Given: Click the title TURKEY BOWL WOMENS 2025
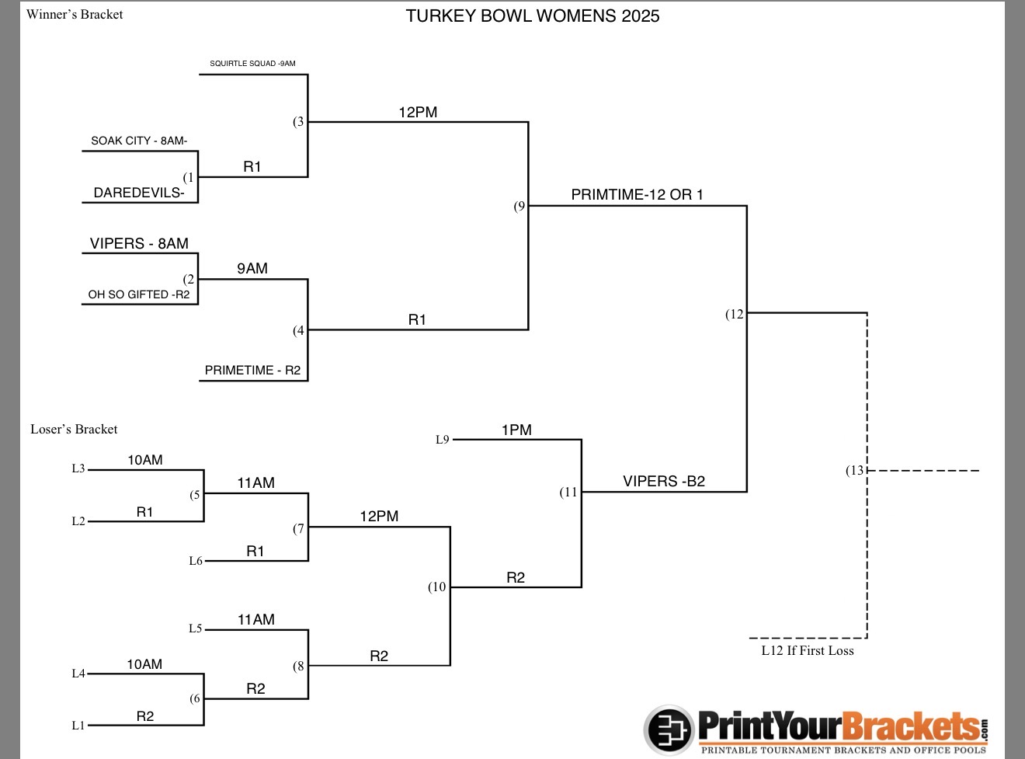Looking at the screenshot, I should pyautogui.click(x=532, y=16).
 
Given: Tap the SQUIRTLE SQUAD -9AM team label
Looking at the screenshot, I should pyautogui.click(x=252, y=64).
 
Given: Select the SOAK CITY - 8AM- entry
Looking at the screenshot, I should pyautogui.click(x=139, y=141).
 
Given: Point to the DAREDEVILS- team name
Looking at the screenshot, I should pyautogui.click(x=139, y=193).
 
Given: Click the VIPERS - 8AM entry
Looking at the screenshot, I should pyautogui.click(x=139, y=243).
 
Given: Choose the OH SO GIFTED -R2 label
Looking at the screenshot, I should pyautogui.click(x=139, y=294).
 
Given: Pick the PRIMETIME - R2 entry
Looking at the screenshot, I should pyautogui.click(x=252, y=371).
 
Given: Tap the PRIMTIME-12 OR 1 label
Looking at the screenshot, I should pyautogui.click(x=637, y=195).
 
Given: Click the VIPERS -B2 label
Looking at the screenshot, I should pyautogui.click(x=664, y=482).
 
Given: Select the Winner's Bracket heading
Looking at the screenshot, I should pyautogui.click(x=75, y=14).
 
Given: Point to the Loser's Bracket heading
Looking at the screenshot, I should pyautogui.click(x=74, y=429).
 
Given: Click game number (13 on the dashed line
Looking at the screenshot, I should pyautogui.click(x=855, y=470).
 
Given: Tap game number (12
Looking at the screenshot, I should pyautogui.click(x=735, y=314).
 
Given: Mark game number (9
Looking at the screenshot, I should pyautogui.click(x=519, y=206).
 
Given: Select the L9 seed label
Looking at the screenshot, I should pyautogui.click(x=443, y=440).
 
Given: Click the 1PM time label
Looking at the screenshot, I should pyautogui.click(x=516, y=430).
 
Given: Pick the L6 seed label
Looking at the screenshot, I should pyautogui.click(x=196, y=561).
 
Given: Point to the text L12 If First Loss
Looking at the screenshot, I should pyautogui.click(x=807, y=651).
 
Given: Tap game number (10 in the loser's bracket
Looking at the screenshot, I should pyautogui.click(x=437, y=587).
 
